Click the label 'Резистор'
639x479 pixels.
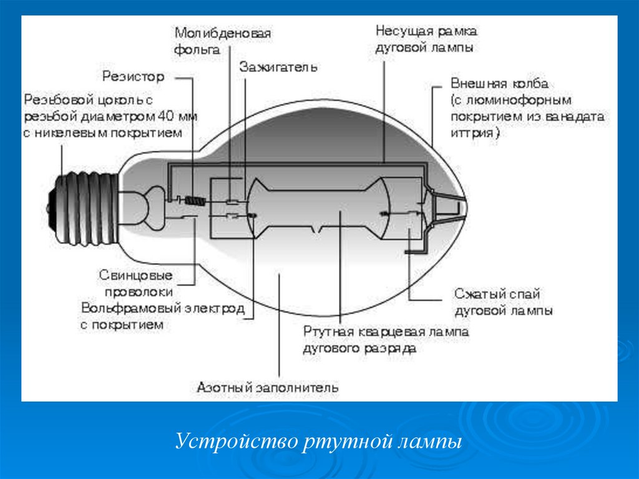133,77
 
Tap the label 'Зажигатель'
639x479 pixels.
278,67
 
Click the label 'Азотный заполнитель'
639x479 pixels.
268,387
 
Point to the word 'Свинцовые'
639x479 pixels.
135,275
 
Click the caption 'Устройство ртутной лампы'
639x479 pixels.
318,442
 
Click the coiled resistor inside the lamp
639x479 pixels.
195,201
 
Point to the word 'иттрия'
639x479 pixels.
472,133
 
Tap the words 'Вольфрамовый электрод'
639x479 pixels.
162,309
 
